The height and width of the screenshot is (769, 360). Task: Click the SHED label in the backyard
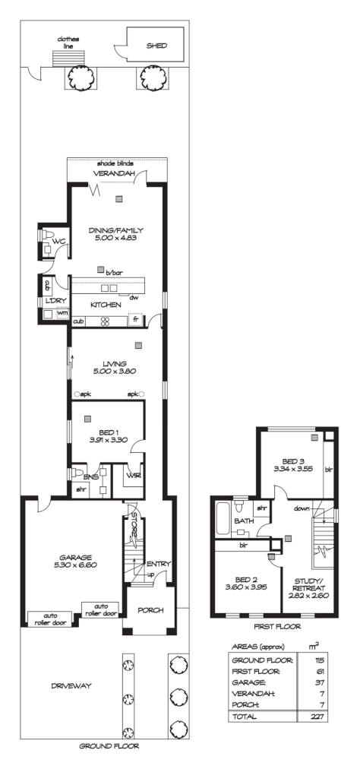[x=156, y=46]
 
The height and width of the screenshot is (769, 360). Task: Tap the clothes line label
[x=63, y=43]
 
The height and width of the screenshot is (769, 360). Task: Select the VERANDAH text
[x=114, y=174]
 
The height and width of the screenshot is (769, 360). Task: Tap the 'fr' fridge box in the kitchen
[x=136, y=321]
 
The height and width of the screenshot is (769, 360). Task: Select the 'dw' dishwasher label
[x=133, y=297]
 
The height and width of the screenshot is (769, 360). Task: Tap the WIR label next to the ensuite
[x=134, y=476]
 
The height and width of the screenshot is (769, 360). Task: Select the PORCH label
[x=150, y=610]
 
